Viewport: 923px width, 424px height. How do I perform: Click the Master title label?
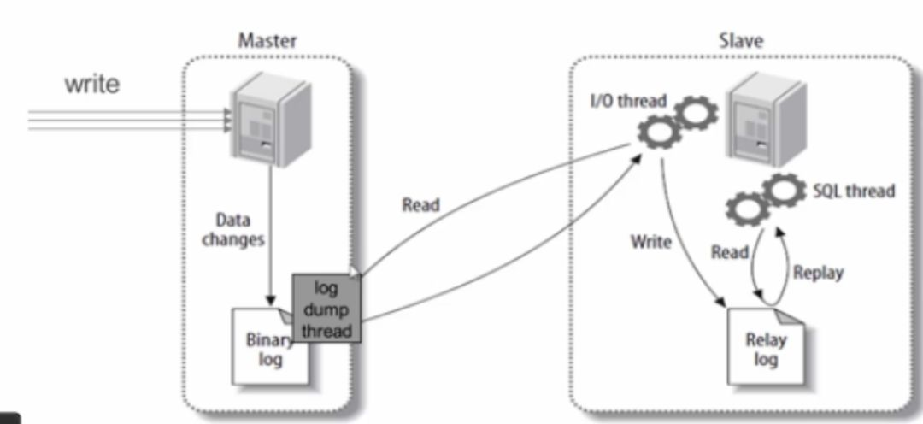267,41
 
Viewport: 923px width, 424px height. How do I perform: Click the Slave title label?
740,41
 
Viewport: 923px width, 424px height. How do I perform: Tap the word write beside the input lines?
91,85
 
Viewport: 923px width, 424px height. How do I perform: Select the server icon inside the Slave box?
766,121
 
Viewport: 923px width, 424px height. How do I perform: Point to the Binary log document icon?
271,346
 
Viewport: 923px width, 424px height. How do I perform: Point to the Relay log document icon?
765,347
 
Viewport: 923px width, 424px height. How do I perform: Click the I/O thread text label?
628,100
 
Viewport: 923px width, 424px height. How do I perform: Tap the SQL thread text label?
854,191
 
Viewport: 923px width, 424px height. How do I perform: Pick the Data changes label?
233,230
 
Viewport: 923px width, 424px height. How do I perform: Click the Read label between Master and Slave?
420,205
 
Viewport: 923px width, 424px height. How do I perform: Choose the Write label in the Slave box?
650,241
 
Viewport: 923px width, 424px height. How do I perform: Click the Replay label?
818,273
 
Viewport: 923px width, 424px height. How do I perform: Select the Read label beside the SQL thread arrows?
729,252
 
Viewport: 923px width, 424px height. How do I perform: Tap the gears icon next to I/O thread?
678,121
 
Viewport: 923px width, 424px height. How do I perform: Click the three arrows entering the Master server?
130,120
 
